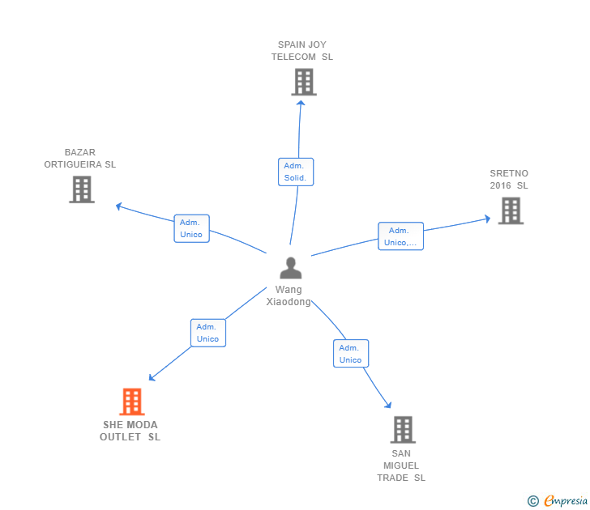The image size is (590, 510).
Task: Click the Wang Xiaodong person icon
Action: pos(290,268)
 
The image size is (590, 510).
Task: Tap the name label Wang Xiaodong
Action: pos(289,295)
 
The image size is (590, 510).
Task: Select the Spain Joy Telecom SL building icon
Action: pos(304,82)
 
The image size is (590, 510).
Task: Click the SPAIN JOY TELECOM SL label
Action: pos(301,51)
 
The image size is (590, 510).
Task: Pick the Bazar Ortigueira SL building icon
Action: pos(82,189)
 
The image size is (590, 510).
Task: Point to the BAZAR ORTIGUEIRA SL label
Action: pos(80,158)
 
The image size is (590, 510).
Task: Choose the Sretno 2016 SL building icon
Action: pos(511,210)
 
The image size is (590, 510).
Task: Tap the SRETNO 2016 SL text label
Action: pos(508,180)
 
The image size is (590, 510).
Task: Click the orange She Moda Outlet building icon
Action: pos(131,402)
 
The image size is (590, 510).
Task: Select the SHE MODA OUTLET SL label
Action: pos(130,431)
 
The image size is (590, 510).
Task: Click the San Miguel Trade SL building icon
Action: pos(402,429)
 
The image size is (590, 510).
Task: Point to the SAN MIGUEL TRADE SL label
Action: pos(401,465)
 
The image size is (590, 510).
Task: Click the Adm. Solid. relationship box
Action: pos(295,172)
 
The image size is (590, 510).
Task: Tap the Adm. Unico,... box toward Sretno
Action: pos(400,236)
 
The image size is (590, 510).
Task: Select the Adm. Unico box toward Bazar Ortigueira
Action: pos(191,228)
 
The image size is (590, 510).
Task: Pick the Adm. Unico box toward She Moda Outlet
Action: pos(207,333)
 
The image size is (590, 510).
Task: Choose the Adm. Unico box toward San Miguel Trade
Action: pos(350,354)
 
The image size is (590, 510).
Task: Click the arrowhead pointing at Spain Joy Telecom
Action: pos(301,101)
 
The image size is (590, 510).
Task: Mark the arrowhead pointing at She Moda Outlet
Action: pos(152,377)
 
